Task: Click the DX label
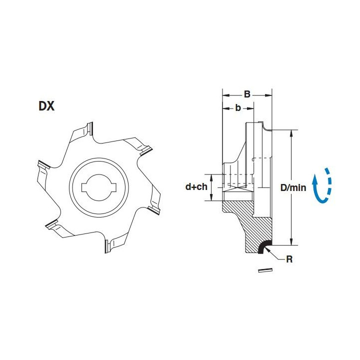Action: pyautogui.click(x=46, y=106)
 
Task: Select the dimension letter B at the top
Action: pyautogui.click(x=247, y=94)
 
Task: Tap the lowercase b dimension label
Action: pyautogui.click(x=238, y=107)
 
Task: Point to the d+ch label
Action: pyautogui.click(x=196, y=187)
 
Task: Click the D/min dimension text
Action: pyautogui.click(x=293, y=188)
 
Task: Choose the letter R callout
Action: pyautogui.click(x=289, y=259)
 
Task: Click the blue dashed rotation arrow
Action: pyautogui.click(x=322, y=185)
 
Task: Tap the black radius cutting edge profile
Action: pyautogui.click(x=263, y=246)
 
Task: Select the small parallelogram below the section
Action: pyautogui.click(x=265, y=270)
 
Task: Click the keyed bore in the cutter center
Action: pyautogui.click(x=99, y=187)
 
